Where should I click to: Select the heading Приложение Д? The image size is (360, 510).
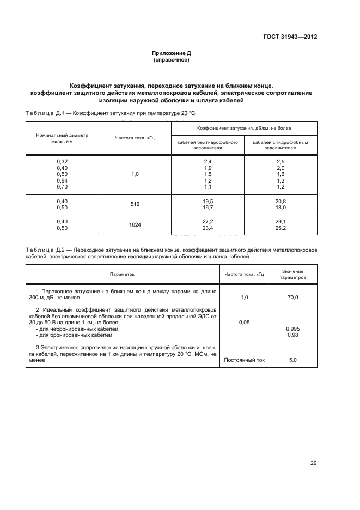click(171, 53)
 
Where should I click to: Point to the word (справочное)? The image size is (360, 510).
click(171, 60)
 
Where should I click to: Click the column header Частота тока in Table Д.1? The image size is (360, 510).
click(135, 138)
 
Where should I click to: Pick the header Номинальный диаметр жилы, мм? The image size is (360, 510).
click(62, 138)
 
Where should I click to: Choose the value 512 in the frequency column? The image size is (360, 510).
click(135, 204)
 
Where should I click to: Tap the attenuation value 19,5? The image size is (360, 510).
click(208, 201)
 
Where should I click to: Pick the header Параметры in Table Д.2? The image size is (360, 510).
click(122, 274)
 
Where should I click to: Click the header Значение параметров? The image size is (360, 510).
click(293, 274)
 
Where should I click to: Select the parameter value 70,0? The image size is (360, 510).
click(293, 297)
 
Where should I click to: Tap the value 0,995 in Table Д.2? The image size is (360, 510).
click(293, 329)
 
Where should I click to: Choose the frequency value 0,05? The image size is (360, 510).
click(244, 323)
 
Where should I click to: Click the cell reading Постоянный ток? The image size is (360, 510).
click(244, 360)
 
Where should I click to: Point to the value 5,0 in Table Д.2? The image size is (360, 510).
click(293, 360)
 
